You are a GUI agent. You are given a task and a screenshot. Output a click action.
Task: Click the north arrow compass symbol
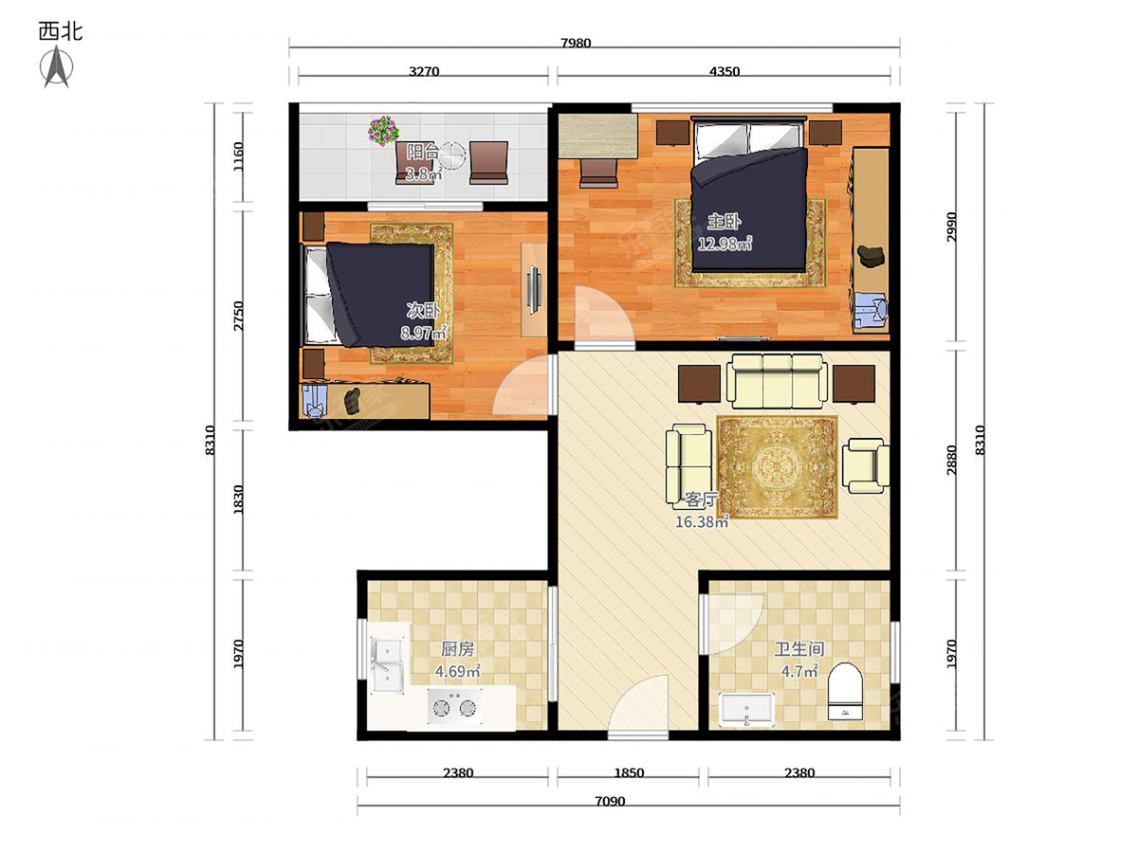pyautogui.click(x=57, y=66)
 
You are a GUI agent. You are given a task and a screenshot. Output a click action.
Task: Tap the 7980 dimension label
pyautogui.click(x=576, y=43)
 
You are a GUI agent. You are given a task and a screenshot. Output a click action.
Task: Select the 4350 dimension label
pyautogui.click(x=725, y=71)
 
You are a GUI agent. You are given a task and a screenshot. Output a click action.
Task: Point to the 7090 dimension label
pyautogui.click(x=610, y=802)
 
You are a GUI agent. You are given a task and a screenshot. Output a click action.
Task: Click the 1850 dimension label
pyautogui.click(x=629, y=773)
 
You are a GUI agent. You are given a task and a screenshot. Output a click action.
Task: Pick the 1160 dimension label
pyautogui.click(x=238, y=157)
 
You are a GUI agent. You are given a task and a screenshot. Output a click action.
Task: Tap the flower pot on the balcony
pyautogui.click(x=383, y=130)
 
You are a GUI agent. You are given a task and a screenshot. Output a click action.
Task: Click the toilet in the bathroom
pyautogui.click(x=845, y=691)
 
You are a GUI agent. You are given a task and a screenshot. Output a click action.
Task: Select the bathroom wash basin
pyautogui.click(x=746, y=709)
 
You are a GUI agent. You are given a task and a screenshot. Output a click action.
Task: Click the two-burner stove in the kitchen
pyautogui.click(x=454, y=706)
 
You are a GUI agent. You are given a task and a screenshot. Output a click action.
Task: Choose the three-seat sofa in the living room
pyautogui.click(x=777, y=381)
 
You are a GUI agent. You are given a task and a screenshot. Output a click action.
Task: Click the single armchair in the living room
pyautogui.click(x=865, y=465)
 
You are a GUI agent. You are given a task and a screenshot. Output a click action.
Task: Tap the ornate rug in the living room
pyautogui.click(x=777, y=467)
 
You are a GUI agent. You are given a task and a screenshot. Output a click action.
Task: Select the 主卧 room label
pyautogui.click(x=725, y=222)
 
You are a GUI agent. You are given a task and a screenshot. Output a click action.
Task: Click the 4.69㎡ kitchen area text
pyautogui.click(x=458, y=672)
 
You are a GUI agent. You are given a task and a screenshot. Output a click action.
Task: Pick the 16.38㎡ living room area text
pyautogui.click(x=702, y=521)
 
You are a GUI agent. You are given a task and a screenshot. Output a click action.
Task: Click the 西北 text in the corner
pyautogui.click(x=61, y=31)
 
